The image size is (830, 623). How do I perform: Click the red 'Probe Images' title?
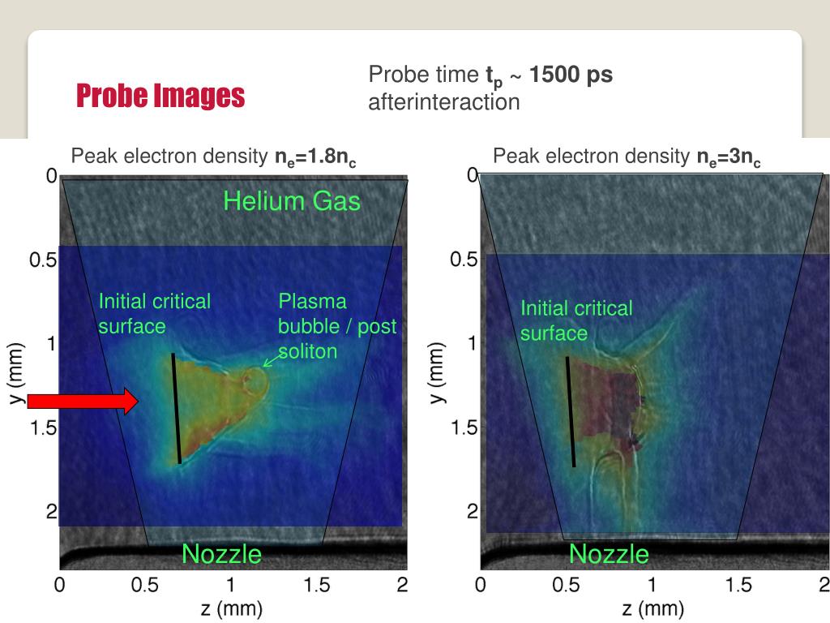coord(160,96)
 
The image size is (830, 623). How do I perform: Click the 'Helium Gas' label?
coord(292,200)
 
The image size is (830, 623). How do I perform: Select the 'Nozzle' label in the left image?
coord(221,554)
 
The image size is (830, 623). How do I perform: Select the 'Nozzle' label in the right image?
coord(609,554)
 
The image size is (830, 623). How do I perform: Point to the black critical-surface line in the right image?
coord(571,411)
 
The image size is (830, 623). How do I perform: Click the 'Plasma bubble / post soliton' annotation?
coord(337,326)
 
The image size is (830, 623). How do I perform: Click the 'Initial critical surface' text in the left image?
coord(154,314)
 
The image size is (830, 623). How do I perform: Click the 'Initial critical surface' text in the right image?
coord(575,320)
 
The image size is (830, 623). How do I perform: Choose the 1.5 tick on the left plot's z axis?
coord(316,585)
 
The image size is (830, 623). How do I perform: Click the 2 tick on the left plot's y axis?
coord(51,512)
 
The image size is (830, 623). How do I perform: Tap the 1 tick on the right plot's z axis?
coord(652,585)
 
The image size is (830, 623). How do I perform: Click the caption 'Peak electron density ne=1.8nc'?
coord(214,157)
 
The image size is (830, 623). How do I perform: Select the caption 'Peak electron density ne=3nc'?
coord(627,157)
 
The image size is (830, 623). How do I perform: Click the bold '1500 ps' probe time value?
coord(571,75)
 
